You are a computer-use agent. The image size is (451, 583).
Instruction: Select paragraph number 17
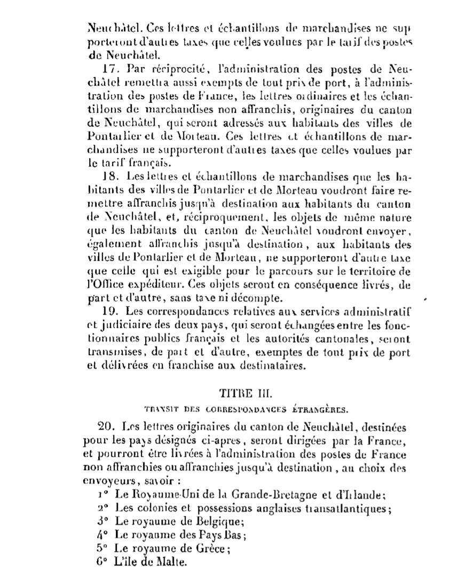107,69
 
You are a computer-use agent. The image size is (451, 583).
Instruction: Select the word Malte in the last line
170,561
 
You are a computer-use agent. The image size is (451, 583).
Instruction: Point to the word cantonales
320,339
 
